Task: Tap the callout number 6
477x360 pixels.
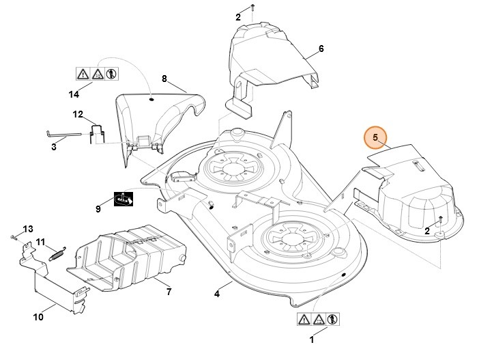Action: click(x=321, y=49)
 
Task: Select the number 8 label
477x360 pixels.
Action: click(x=164, y=79)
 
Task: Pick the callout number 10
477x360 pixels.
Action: click(x=38, y=317)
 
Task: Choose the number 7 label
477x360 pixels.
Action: click(x=169, y=292)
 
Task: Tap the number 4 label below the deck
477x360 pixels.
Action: click(x=217, y=294)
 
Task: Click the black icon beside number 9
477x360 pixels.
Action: click(x=123, y=199)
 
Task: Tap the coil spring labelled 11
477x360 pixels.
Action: click(x=56, y=253)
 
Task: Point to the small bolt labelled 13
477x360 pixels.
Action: click(x=14, y=236)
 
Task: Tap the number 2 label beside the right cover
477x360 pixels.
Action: click(x=427, y=232)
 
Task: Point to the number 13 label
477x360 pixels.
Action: click(x=28, y=228)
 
